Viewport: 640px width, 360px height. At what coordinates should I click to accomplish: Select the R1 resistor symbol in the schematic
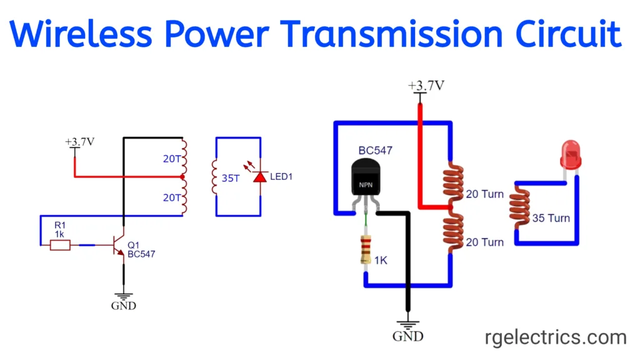click(x=60, y=246)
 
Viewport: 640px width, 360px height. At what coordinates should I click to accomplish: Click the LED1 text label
click(x=282, y=177)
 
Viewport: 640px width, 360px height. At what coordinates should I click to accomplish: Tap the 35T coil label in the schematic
click(x=231, y=177)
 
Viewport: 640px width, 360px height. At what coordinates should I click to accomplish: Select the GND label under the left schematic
click(x=123, y=306)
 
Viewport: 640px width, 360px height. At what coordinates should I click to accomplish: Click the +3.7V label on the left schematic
click(x=79, y=141)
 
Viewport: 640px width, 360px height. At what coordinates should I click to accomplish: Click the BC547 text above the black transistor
click(x=376, y=151)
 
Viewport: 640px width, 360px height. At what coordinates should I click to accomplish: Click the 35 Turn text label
click(x=551, y=218)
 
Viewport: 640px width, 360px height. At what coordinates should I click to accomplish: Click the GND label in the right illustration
click(x=407, y=336)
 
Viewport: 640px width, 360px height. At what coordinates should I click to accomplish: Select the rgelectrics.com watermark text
click(x=556, y=338)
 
